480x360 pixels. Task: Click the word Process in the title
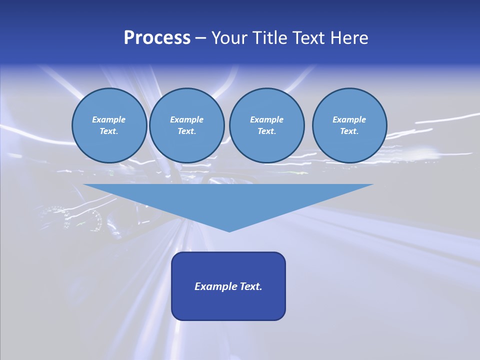157,38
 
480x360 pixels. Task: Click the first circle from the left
109,125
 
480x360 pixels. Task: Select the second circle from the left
187,125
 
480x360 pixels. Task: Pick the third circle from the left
266,125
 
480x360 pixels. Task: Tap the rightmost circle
349,125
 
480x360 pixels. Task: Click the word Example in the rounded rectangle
216,286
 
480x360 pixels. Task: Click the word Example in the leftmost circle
109,119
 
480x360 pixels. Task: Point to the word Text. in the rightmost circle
349,131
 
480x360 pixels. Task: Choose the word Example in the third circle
266,119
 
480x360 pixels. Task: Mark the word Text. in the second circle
187,131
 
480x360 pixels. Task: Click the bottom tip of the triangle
229,230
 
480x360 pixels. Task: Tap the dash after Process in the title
200,38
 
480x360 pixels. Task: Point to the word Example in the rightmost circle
349,119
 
